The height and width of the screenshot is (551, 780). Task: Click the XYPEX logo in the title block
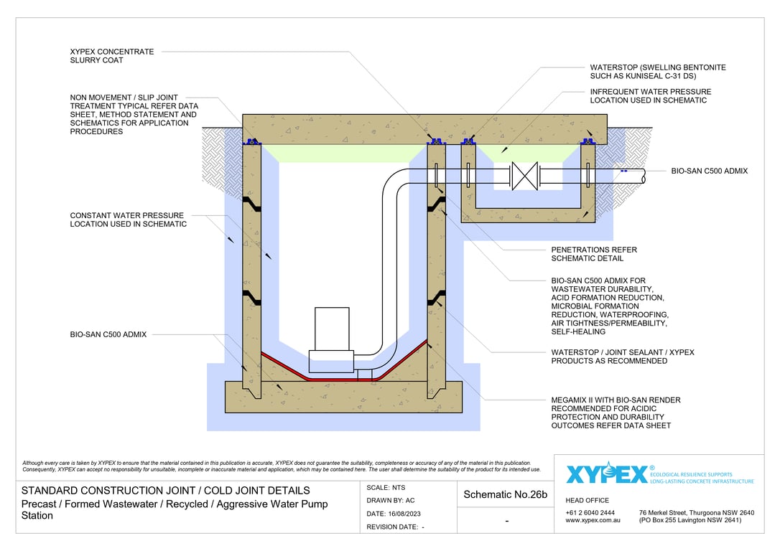[x=606, y=474]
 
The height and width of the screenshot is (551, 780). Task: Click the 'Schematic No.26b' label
[x=506, y=494]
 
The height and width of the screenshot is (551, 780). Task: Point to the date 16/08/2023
[x=396, y=514]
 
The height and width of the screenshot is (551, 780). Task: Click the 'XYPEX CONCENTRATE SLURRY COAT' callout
[x=111, y=56]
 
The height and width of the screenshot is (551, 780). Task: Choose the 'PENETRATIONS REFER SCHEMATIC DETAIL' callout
[x=594, y=254]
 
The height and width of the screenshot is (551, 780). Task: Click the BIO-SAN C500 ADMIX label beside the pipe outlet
[x=710, y=171]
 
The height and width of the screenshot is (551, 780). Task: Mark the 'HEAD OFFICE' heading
[x=588, y=500]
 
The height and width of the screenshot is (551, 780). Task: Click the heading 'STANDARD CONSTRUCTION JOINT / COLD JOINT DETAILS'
[x=166, y=491]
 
